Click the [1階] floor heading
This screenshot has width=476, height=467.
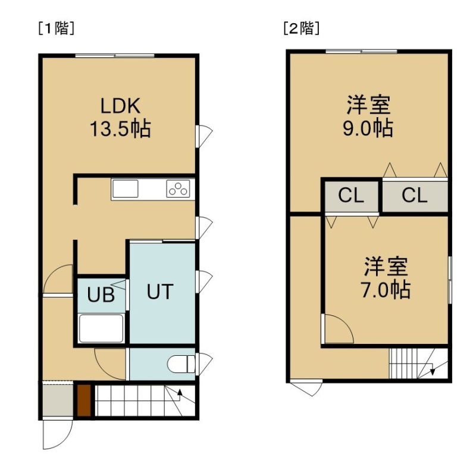(57, 29)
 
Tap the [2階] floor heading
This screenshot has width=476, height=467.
(302, 29)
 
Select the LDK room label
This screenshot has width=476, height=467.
(120, 106)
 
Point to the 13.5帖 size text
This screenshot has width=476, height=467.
(120, 128)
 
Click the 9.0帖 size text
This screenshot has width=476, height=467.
(368, 128)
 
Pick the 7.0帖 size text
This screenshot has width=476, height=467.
(386, 290)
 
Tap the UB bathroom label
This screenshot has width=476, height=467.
(101, 294)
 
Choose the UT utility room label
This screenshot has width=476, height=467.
(160, 292)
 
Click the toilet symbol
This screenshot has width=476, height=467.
(181, 364)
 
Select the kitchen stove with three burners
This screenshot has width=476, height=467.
(178, 189)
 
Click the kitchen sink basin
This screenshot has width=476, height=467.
(126, 189)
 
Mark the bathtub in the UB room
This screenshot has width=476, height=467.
(101, 328)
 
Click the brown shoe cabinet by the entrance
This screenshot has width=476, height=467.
(84, 400)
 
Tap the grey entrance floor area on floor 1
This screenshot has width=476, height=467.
(58, 400)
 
